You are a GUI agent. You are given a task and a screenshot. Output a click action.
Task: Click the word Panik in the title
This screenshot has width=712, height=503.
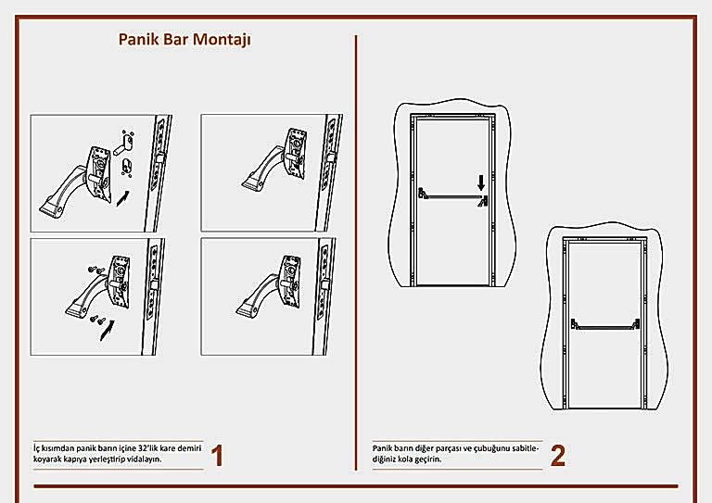click(137, 41)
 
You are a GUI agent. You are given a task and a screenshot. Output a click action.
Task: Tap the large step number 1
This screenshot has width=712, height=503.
click(217, 456)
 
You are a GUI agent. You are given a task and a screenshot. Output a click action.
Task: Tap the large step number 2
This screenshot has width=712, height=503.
click(557, 456)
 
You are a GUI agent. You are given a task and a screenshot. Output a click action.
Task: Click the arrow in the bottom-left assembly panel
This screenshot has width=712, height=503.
click(109, 327)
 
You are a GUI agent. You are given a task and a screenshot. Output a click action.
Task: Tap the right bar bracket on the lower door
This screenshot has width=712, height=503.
click(638, 323)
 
